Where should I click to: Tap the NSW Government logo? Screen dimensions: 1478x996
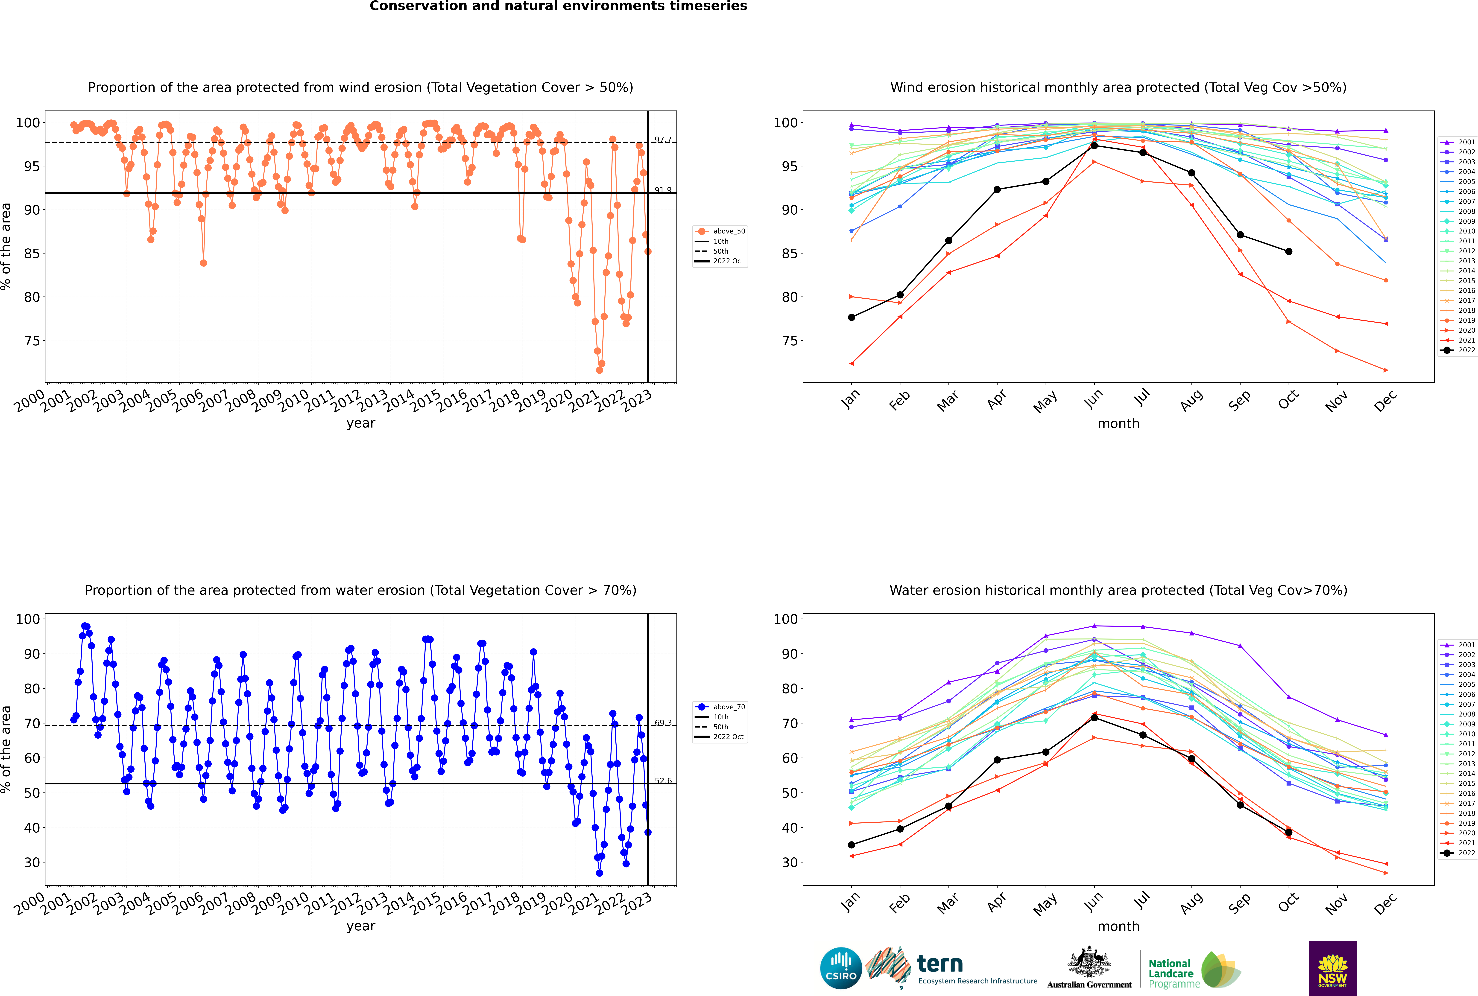(x=1332, y=967)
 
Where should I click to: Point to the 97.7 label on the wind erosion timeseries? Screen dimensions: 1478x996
(x=663, y=140)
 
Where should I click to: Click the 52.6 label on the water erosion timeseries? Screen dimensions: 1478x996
(x=663, y=781)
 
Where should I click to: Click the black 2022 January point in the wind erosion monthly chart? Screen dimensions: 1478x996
(x=852, y=318)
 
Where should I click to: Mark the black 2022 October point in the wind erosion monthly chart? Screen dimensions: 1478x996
(x=1289, y=252)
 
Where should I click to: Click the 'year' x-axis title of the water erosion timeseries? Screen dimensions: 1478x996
(x=361, y=926)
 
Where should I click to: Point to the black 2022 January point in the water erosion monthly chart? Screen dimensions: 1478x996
(x=852, y=845)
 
